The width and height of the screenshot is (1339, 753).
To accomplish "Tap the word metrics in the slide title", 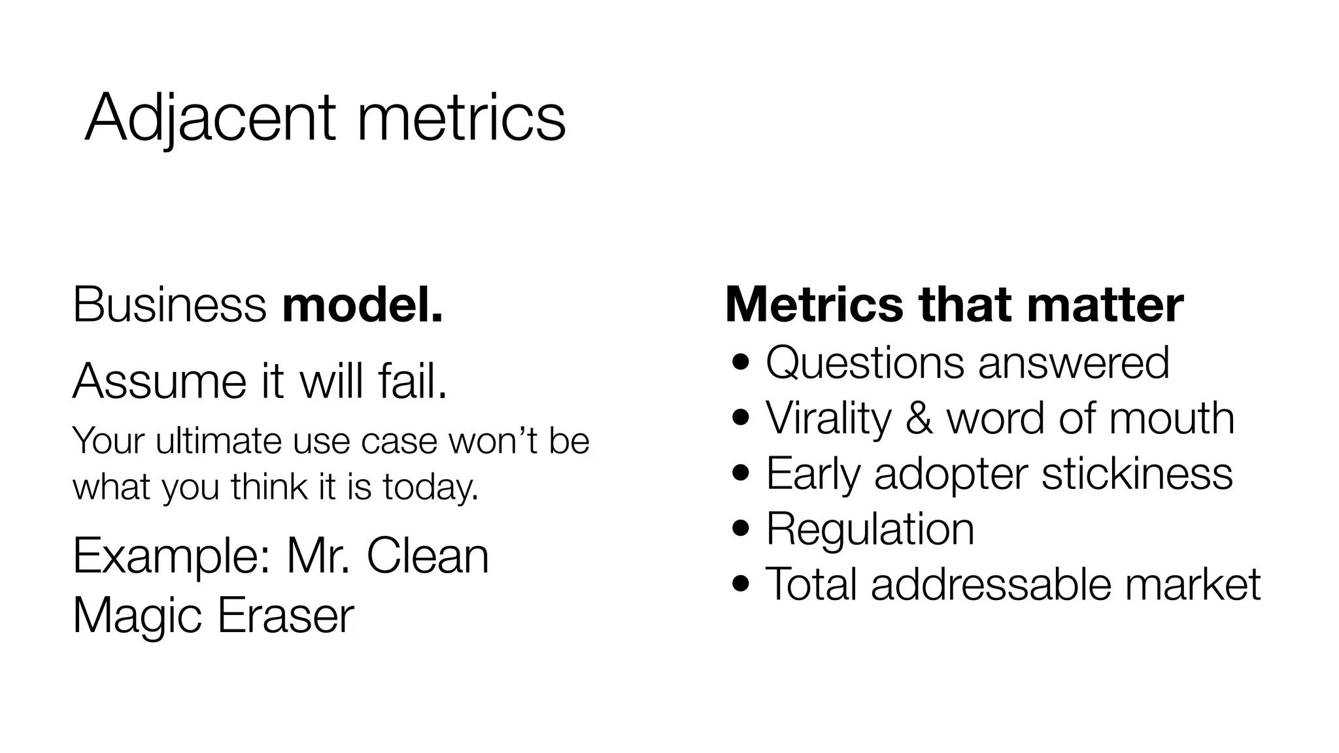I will (x=461, y=118).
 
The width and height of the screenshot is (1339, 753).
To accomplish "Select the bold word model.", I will (x=362, y=305).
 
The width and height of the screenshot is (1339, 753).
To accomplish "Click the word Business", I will (x=169, y=305).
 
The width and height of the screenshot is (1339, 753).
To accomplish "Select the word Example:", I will (x=172, y=556).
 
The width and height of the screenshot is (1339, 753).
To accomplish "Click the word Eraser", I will (x=285, y=615).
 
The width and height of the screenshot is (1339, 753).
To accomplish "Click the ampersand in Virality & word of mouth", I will (x=919, y=418).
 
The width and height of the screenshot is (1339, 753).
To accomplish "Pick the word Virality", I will (x=828, y=418).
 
